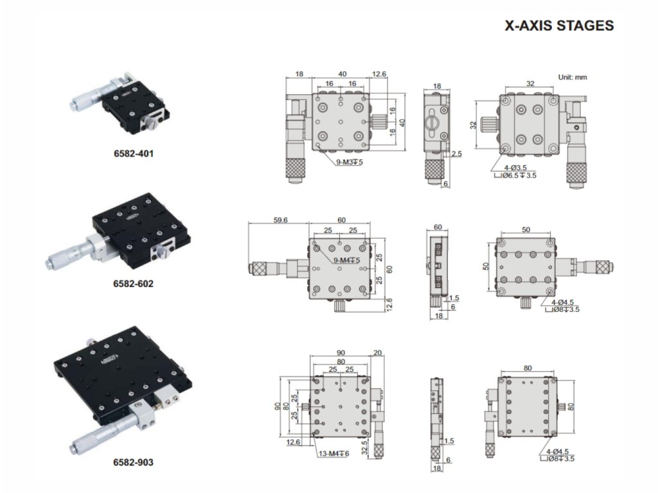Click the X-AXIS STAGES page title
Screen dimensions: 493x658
coord(559,26)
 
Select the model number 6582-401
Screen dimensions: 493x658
coord(133,153)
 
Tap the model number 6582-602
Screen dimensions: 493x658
coord(133,283)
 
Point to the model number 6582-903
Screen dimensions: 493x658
coord(133,462)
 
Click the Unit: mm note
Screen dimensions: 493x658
coord(572,77)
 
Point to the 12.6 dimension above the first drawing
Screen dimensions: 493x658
coord(379,74)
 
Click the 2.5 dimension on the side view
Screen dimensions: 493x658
coord(457,154)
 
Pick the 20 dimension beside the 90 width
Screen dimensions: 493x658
coord(377,352)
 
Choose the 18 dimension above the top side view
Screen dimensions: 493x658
coord(437,86)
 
